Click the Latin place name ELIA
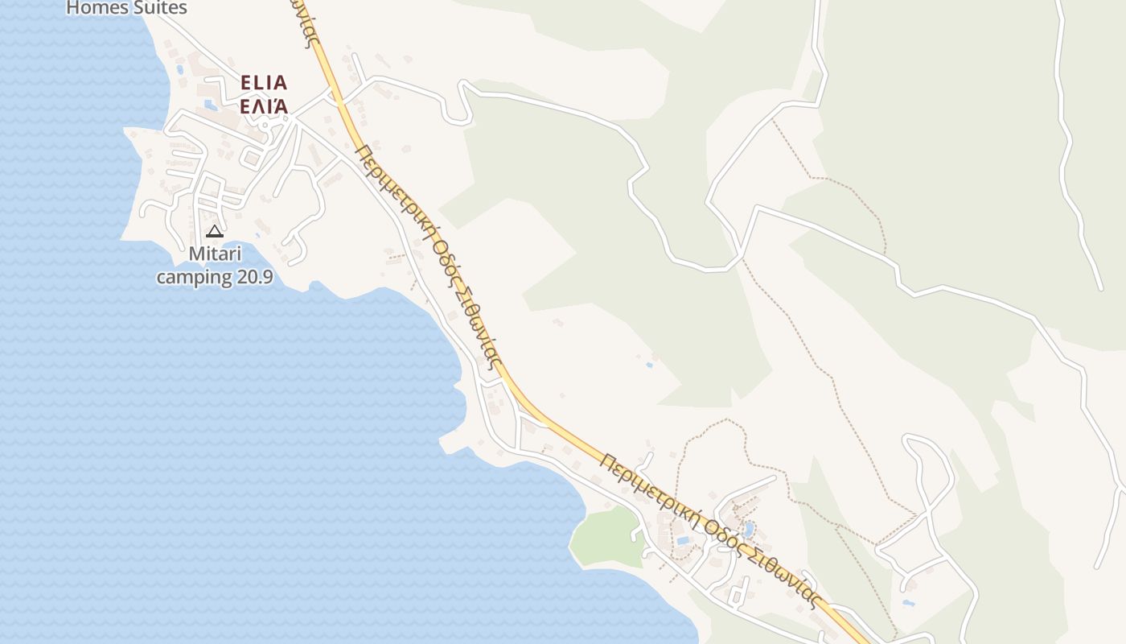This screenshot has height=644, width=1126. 264,83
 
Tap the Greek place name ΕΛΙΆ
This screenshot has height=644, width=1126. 264,106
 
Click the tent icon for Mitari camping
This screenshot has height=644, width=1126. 215,232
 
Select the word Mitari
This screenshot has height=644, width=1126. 215,254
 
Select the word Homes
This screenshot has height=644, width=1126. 95,8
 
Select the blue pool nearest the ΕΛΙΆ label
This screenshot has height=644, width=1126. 211,105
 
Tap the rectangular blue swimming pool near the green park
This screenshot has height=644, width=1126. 683,540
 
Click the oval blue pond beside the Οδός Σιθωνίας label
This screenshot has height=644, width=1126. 749,529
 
